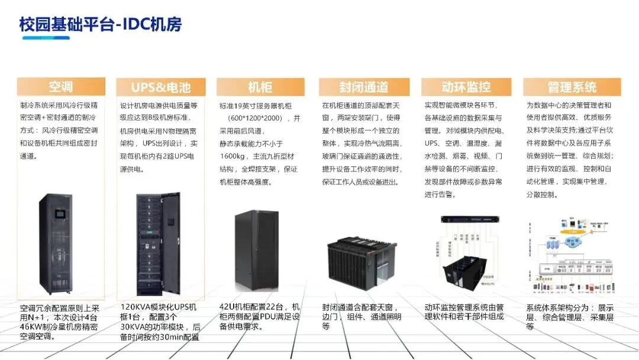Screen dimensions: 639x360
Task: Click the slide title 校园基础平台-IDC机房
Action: click(100, 25)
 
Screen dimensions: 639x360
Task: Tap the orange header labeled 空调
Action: click(61, 87)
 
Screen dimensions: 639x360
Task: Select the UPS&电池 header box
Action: click(161, 88)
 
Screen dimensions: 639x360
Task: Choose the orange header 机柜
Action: click(260, 88)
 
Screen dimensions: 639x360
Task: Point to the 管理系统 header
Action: click(572, 88)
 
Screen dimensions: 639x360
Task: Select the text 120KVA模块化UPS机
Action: click(159, 307)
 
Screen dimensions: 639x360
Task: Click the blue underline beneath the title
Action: click(44, 38)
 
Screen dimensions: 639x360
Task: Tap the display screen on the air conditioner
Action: click(59, 211)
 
